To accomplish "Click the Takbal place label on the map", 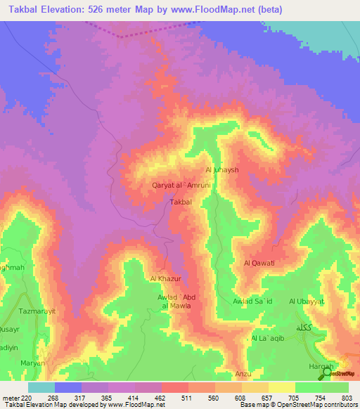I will point(181,202).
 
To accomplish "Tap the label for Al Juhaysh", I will point(223,170).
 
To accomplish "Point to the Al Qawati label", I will point(257,264).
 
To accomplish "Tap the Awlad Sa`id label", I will point(252,301).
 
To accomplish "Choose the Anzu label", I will point(243,374).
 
